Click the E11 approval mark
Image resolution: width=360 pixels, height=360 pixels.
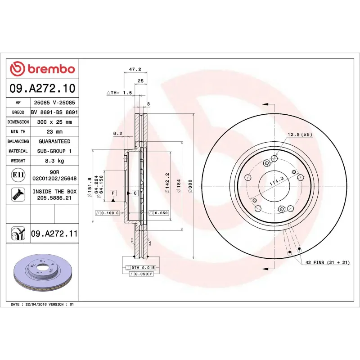pos(18,175)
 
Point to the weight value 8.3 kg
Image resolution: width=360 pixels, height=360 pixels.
pos(54,161)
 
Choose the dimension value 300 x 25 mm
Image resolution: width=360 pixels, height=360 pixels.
pos(54,122)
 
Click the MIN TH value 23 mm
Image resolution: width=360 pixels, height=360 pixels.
pos(54,132)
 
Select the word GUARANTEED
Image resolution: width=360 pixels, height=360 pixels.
pos(54,141)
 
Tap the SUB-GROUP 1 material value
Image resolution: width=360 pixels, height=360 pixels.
pos(54,151)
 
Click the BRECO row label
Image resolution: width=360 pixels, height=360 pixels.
pos(18,112)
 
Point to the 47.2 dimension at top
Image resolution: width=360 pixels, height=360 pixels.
pos(135,69)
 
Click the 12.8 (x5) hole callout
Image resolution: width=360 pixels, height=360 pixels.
pos(300,134)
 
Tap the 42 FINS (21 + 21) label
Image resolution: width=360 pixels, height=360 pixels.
pos(328,262)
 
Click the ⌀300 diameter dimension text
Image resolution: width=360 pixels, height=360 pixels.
pos(190,185)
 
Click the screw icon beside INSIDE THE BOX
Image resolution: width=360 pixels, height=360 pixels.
pos(18,195)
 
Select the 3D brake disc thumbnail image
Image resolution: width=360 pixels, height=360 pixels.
pos(43,273)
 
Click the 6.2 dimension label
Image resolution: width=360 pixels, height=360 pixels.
pos(117,133)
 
